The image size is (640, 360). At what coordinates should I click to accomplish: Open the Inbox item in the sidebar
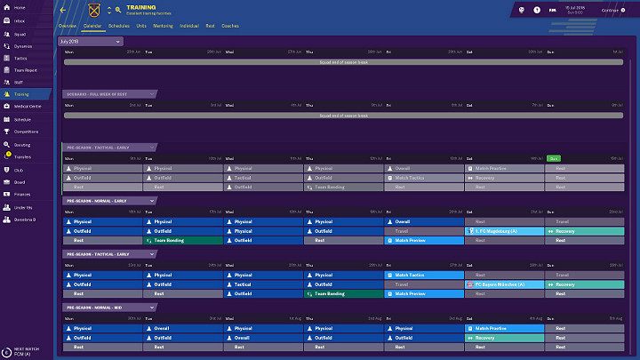pos(20,20)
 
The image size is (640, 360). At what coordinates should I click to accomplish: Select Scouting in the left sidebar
pos(21,143)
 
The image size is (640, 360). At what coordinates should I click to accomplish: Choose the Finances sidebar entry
pos(21,193)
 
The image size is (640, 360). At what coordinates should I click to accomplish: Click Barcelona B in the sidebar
pos(24,218)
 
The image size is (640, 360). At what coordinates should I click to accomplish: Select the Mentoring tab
pos(163,27)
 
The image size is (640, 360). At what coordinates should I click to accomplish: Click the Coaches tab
pos(229,27)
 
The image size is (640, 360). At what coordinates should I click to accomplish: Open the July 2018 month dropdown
pos(91,41)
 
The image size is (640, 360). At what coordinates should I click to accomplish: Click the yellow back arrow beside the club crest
pos(62,10)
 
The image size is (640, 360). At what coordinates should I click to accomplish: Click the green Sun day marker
pos(554,157)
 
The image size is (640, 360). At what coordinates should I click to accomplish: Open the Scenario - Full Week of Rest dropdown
pos(110,94)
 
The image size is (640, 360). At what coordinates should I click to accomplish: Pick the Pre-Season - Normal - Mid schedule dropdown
pos(110,307)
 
